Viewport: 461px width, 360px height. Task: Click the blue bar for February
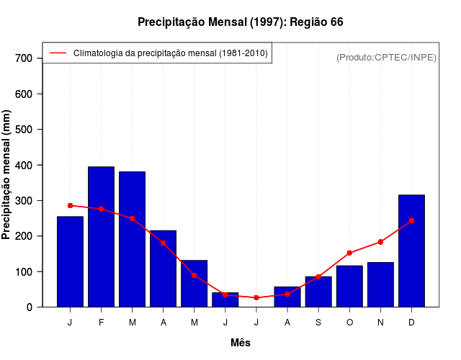pos(101,237)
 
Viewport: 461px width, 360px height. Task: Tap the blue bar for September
pos(318,292)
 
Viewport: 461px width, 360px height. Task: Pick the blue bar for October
pos(349,286)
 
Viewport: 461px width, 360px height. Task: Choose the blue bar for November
pos(380,284)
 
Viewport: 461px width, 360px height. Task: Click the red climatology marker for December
pos(411,221)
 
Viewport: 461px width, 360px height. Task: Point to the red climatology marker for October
pos(349,253)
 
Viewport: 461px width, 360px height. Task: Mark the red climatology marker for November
pos(380,242)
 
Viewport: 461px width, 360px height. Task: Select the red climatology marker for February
pos(101,209)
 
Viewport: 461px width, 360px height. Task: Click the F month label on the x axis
pos(101,322)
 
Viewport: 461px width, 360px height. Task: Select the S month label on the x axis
pos(318,322)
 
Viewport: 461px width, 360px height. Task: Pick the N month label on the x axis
pos(380,322)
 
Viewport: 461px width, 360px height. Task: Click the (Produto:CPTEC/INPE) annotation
pos(387,58)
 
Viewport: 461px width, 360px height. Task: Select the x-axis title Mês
pos(240,343)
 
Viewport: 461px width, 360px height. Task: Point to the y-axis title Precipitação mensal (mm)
pos(8,174)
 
